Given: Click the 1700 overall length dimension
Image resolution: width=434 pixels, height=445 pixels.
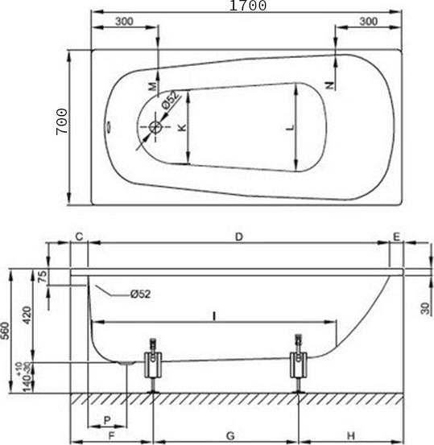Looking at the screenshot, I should pos(248,6).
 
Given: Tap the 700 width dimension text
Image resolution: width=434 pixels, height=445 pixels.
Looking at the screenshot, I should pos(62,122).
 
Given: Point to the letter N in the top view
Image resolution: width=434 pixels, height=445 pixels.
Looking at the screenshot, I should pos(329,84).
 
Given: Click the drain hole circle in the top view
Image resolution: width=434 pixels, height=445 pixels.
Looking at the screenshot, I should pos(155,128).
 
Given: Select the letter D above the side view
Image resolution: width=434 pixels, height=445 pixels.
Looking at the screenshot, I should pos(238,236).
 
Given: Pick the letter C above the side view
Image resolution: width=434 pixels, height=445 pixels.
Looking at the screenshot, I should pos(79,236).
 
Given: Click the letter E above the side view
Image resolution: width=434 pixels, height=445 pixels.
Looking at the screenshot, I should pos(396,236).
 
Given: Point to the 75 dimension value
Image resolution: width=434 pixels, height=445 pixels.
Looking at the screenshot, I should pos(42,277).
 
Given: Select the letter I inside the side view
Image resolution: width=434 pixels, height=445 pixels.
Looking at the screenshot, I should pos(213,315).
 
